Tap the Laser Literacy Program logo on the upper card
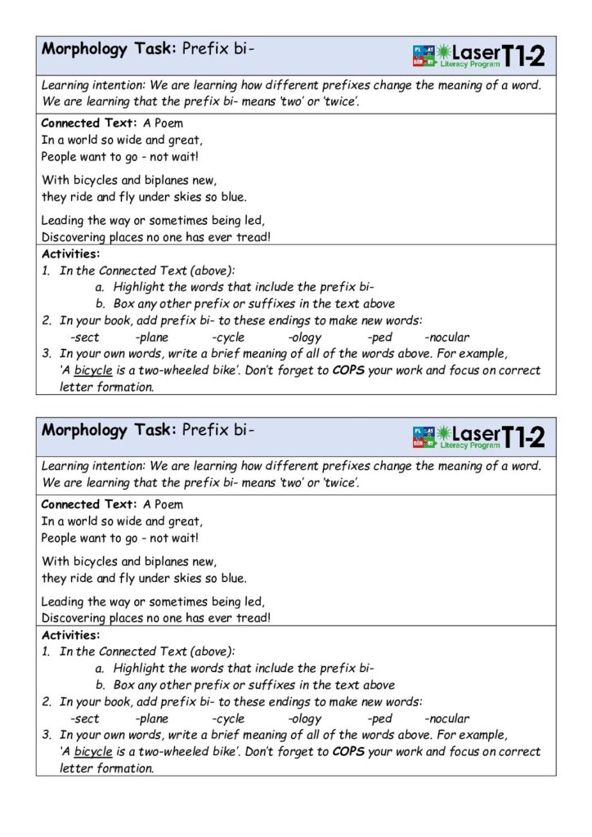pyautogui.click(x=455, y=56)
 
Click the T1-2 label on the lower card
pyautogui.click(x=523, y=437)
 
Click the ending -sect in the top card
pyautogui.click(x=84, y=337)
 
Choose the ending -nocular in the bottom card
pyautogui.click(x=447, y=718)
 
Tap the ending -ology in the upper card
pyautogui.click(x=305, y=337)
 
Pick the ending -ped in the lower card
pyautogui.click(x=379, y=718)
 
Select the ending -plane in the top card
pyautogui.click(x=152, y=337)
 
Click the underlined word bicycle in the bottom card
pyautogui.click(x=93, y=752)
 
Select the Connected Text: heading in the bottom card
pyautogui.click(x=89, y=504)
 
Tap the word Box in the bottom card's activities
pyautogui.click(x=124, y=685)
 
